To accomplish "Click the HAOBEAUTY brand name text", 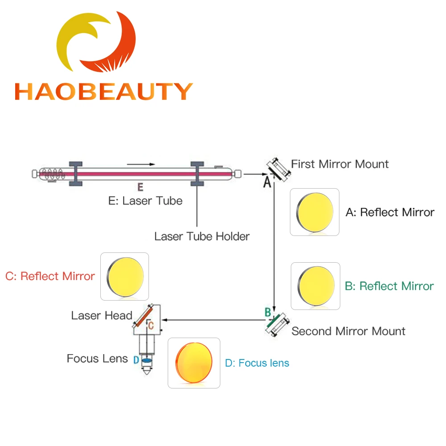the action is click(x=103, y=91).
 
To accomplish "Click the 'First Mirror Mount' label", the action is click(x=340, y=164).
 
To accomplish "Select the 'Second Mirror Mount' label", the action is click(x=348, y=331).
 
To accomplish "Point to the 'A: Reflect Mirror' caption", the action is click(x=390, y=212).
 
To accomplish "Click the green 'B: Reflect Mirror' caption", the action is click(x=389, y=286).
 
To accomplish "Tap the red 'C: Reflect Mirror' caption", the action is click(x=50, y=276).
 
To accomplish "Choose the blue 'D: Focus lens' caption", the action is click(x=257, y=363).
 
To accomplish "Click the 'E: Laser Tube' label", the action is click(x=145, y=201).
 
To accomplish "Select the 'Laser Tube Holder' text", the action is click(x=202, y=236).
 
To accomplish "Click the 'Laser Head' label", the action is click(x=102, y=316).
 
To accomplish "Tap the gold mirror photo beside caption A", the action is click(x=315, y=212).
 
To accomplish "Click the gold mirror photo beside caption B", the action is click(x=316, y=286).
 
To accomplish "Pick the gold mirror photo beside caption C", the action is click(x=125, y=276).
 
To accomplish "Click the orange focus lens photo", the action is click(x=194, y=363).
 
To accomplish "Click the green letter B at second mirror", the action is click(x=268, y=312).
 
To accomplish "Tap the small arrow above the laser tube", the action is click(x=144, y=164).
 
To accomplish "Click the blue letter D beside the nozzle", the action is click(x=136, y=359).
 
